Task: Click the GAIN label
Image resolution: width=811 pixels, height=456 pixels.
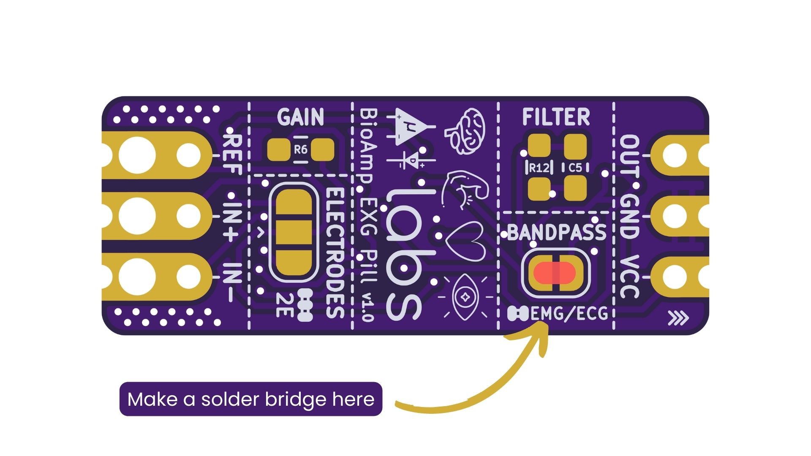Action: tap(300, 117)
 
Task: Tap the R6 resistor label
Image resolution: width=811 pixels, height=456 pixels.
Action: tap(300, 149)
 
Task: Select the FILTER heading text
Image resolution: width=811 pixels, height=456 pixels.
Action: tap(556, 117)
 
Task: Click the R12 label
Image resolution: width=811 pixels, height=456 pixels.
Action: tap(539, 168)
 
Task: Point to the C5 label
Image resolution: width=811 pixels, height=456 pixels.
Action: tap(575, 168)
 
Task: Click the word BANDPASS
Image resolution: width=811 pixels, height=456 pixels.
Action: tap(556, 233)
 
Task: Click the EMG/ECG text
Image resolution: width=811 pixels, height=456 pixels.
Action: tap(569, 314)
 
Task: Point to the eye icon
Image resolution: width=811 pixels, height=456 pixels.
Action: tap(465, 296)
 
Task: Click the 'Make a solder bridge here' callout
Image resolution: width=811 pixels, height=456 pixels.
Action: tap(251, 399)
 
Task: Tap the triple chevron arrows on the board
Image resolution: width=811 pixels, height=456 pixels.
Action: tap(678, 318)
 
